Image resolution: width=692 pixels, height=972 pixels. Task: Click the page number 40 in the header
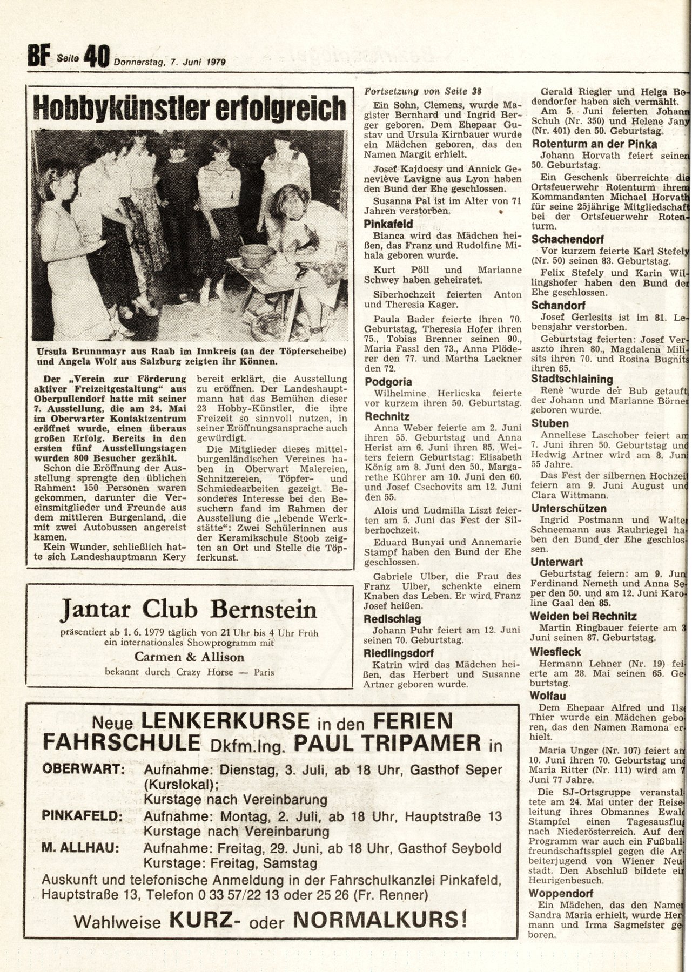tap(97, 56)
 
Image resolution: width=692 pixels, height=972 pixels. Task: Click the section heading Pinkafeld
tap(388, 224)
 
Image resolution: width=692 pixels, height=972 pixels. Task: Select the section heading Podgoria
tap(387, 382)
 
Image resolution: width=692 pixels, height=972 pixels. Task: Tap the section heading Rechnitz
tap(387, 416)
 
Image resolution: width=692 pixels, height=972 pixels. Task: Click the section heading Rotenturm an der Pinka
tap(594, 144)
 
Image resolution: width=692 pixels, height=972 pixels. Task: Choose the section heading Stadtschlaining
tap(572, 379)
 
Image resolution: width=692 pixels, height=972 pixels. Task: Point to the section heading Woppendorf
tap(561, 893)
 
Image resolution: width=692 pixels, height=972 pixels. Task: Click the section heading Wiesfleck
tap(555, 651)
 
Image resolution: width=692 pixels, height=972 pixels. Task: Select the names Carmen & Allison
tap(189, 657)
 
